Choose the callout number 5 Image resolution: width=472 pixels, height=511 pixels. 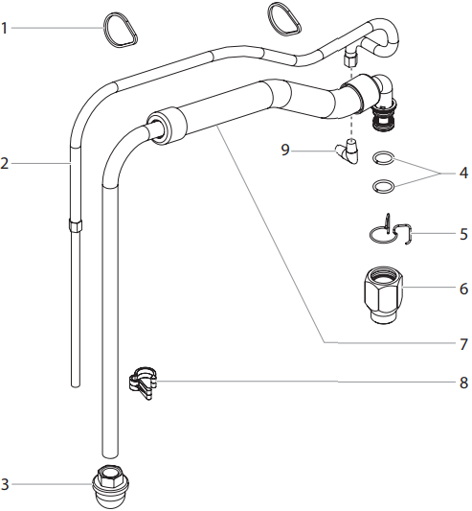(x=462, y=232)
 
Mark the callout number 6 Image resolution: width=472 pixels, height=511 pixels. (x=462, y=287)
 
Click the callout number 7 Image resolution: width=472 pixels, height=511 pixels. (x=462, y=342)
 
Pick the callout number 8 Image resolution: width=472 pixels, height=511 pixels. (x=462, y=383)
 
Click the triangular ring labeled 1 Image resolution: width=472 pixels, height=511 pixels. (x=118, y=30)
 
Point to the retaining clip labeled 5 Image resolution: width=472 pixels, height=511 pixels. (x=392, y=232)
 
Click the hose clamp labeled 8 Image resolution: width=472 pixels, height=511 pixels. (x=143, y=383)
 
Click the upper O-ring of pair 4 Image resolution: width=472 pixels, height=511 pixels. (x=383, y=159)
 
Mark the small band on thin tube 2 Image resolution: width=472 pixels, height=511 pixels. (x=75, y=226)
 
